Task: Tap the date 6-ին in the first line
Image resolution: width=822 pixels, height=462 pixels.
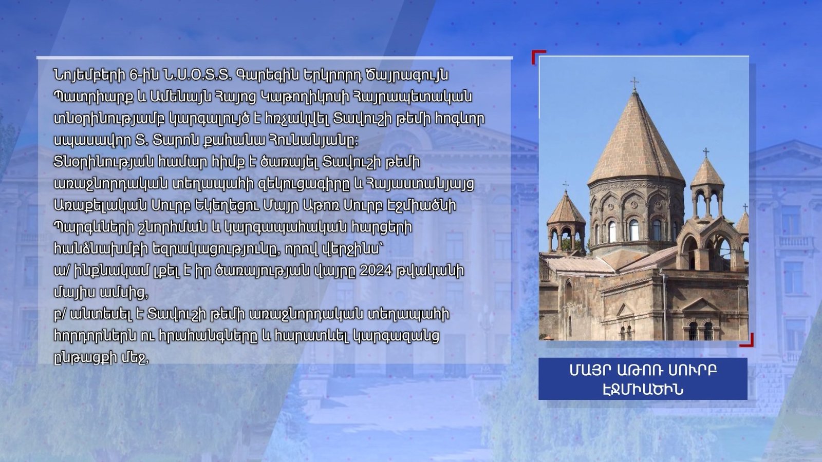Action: click(x=144, y=75)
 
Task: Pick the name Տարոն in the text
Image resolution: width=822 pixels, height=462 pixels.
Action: click(x=177, y=141)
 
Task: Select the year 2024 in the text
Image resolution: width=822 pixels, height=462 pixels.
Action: click(x=378, y=271)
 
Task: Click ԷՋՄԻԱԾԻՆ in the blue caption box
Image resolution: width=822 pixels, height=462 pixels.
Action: click(x=643, y=389)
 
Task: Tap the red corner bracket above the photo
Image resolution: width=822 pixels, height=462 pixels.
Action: click(x=538, y=56)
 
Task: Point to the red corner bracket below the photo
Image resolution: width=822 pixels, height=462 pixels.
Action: click(x=748, y=341)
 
